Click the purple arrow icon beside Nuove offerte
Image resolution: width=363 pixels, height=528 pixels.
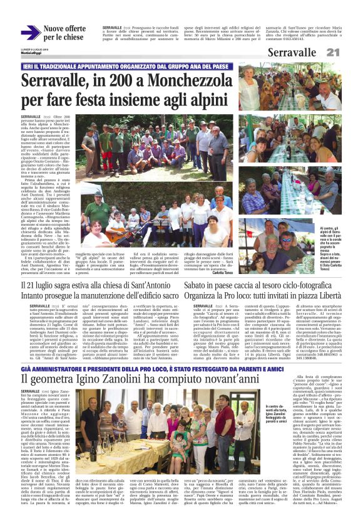[x=30, y=32]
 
